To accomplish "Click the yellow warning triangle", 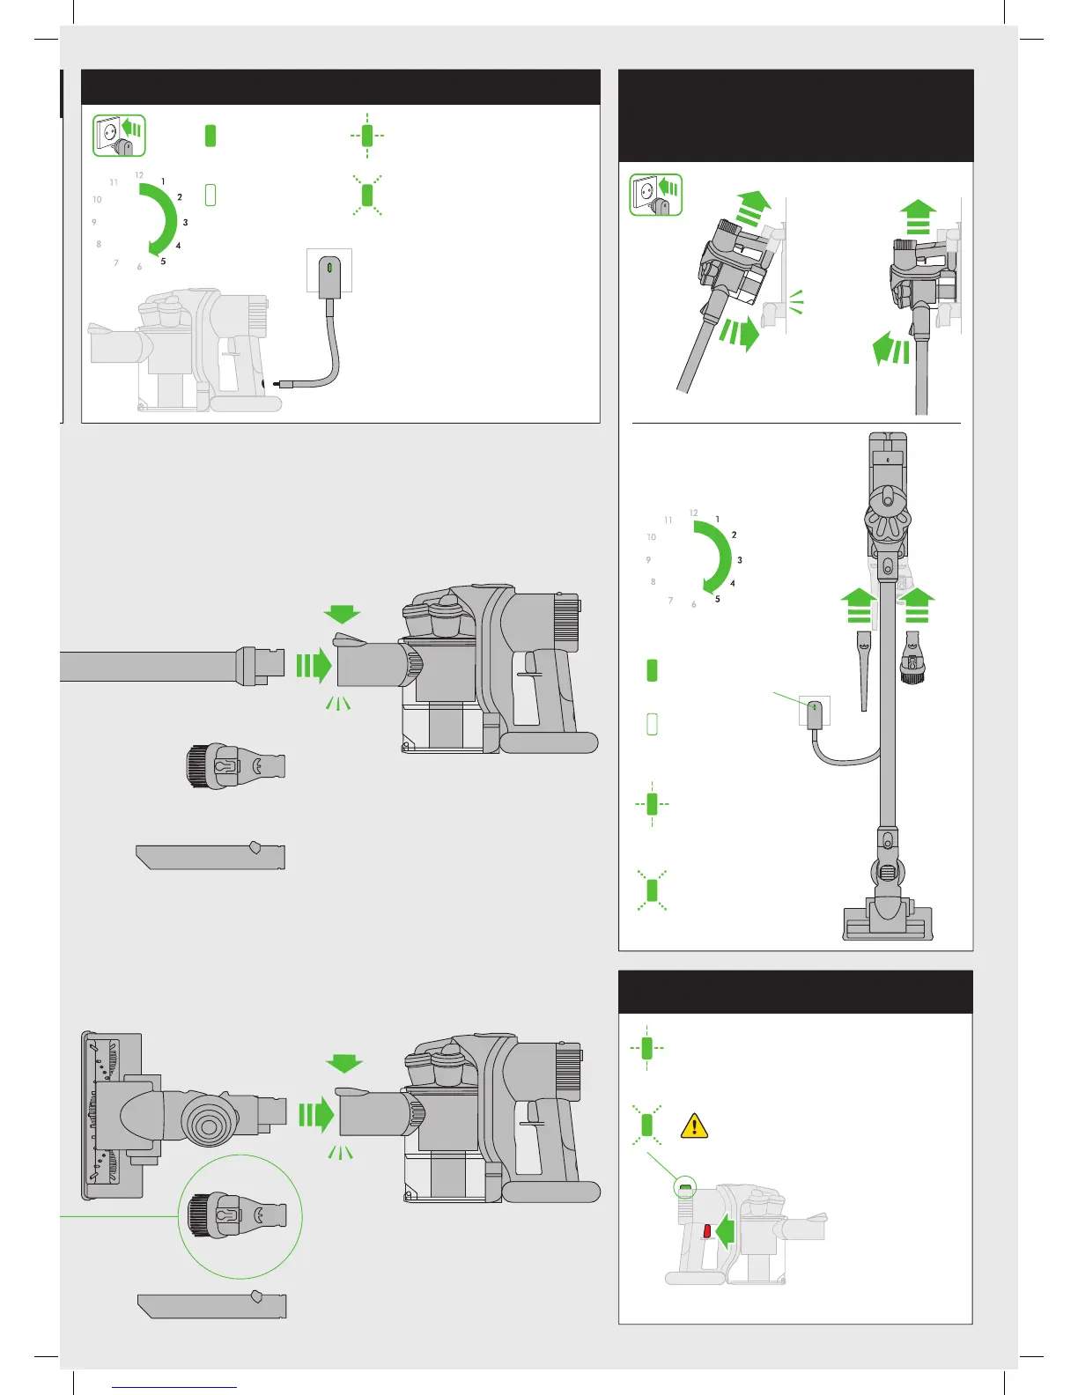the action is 694,1126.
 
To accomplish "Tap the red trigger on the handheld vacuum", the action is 707,1230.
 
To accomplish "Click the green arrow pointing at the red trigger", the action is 726,1231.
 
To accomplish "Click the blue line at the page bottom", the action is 174,1387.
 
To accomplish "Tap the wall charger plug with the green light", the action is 329,277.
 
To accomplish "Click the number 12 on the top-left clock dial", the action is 139,174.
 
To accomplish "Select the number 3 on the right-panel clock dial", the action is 740,560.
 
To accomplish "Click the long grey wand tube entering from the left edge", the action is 172,666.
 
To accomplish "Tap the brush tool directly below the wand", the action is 236,766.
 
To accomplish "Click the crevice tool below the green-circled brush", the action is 212,1305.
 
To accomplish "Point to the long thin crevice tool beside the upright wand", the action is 864,670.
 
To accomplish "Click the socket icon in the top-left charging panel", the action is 119,136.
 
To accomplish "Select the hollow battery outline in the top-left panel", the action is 210,195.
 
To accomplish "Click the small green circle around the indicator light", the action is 685,1187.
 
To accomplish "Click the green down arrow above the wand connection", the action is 343,614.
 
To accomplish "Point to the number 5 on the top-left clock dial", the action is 163,262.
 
